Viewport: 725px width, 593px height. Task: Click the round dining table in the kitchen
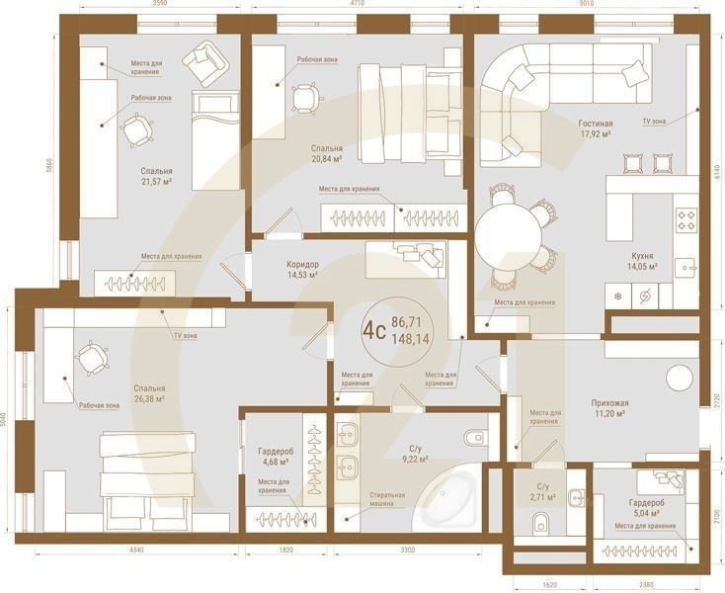coord(509,235)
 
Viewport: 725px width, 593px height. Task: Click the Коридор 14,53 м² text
coord(302,270)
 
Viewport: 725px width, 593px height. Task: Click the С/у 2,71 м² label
coord(542,491)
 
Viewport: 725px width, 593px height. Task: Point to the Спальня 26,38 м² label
coord(150,394)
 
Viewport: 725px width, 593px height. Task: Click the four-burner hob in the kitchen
coord(685,220)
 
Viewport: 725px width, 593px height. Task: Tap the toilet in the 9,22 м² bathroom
coord(474,436)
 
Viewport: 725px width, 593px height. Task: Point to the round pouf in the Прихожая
coord(680,379)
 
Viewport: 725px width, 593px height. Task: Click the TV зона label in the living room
coord(654,121)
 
